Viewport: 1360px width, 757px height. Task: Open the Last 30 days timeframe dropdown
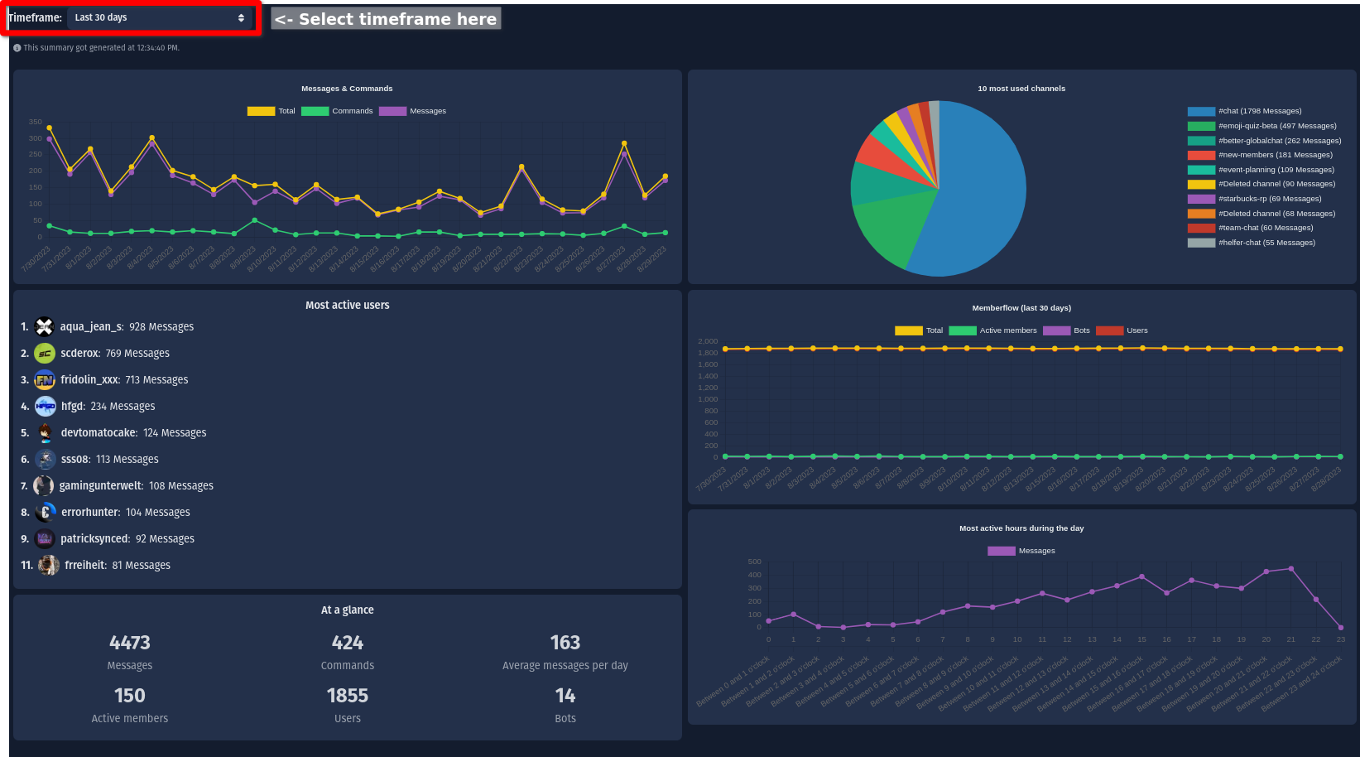point(160,17)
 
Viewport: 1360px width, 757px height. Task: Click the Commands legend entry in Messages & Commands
point(338,111)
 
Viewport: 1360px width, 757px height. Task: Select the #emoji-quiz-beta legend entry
point(1263,126)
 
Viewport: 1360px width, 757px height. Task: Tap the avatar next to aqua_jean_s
point(45,327)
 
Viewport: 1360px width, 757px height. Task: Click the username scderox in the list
point(79,354)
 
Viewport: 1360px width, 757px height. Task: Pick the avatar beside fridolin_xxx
point(45,380)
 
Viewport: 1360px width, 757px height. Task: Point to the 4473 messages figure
point(130,643)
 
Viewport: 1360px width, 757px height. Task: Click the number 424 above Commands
point(348,643)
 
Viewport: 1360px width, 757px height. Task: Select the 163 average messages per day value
point(565,643)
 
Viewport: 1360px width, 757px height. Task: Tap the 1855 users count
point(348,696)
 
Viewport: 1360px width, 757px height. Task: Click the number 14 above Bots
point(565,696)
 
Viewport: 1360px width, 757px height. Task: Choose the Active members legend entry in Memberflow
point(993,330)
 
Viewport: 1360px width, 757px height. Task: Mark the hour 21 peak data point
point(1291,569)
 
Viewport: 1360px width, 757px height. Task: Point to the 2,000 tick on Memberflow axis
point(708,341)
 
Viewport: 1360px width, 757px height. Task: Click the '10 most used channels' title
point(1021,89)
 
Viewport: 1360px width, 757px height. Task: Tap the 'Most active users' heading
point(348,306)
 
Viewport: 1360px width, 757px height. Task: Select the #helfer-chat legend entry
point(1252,243)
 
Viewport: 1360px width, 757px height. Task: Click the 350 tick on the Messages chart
point(36,122)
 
